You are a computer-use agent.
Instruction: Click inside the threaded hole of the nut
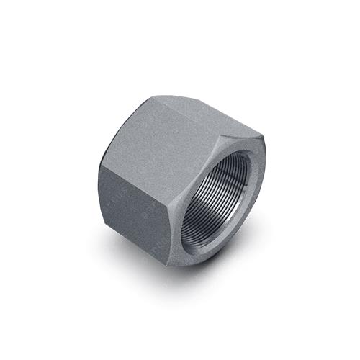click(x=216, y=202)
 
